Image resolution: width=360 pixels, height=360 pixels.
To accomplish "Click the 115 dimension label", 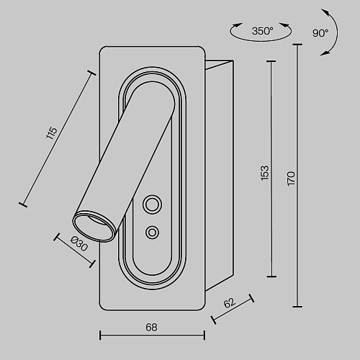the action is [x=52, y=132].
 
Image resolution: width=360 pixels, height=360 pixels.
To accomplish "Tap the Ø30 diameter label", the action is [x=79, y=243].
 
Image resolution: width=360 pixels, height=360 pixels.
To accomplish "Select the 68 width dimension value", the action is [x=151, y=328].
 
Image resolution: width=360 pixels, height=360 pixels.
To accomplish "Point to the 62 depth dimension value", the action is [x=230, y=303].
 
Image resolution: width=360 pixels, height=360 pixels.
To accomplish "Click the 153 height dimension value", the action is [x=265, y=173].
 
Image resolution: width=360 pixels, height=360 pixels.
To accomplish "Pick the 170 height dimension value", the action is [x=291, y=179].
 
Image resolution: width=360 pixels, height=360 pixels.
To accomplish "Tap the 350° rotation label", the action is [x=262, y=31].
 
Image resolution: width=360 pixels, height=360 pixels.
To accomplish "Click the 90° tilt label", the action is [x=320, y=33].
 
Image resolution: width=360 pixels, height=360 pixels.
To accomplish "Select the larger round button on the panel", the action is [x=152, y=204].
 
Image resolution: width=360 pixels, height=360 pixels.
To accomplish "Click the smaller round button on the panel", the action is [x=152, y=233].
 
